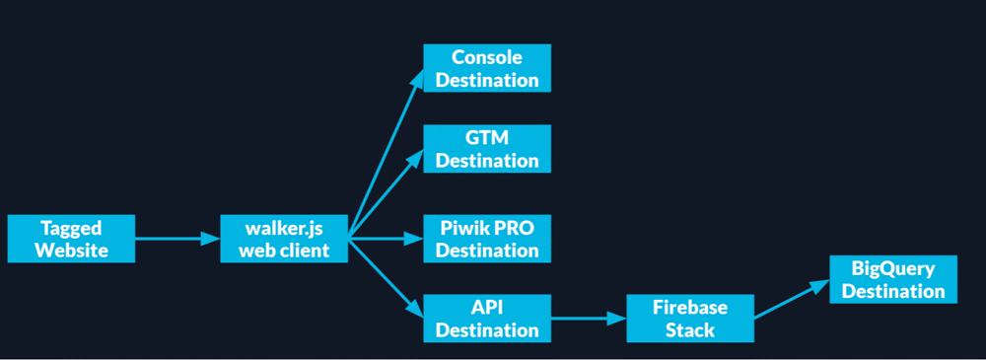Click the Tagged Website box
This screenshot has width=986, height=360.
point(70,239)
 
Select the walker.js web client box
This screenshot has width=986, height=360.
point(285,239)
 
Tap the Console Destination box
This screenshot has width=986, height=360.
point(487,69)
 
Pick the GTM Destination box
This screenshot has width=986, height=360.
point(487,149)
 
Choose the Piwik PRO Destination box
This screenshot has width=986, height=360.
point(487,239)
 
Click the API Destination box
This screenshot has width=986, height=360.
point(487,319)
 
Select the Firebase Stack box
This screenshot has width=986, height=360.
point(690,319)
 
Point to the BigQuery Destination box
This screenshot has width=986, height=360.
point(893,280)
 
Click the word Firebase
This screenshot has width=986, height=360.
point(690,308)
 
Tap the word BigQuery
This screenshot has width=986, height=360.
point(893,268)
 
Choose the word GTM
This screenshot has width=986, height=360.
point(487,138)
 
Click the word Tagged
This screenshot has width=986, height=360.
point(70,228)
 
